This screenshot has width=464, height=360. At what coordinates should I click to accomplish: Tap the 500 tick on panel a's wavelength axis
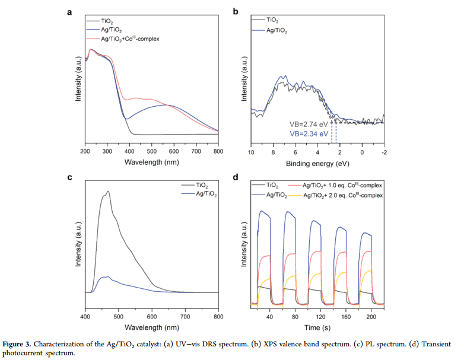(x=151, y=151)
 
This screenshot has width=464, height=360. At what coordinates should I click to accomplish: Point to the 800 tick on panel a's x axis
(x=218, y=151)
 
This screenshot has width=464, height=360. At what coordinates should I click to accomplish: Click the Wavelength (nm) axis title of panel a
(x=151, y=161)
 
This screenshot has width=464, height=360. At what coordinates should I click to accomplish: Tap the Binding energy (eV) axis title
(x=317, y=161)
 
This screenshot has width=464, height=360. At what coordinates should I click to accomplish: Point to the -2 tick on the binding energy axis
(x=384, y=152)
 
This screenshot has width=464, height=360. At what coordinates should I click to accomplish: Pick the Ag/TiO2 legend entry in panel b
(x=278, y=30)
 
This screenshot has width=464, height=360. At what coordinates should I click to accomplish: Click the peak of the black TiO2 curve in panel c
(x=108, y=192)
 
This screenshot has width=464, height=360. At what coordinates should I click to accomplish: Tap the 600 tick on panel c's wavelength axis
(x=151, y=317)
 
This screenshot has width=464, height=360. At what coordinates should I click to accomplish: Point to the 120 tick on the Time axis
(x=321, y=317)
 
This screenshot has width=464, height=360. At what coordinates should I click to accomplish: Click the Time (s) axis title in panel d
(x=317, y=328)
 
